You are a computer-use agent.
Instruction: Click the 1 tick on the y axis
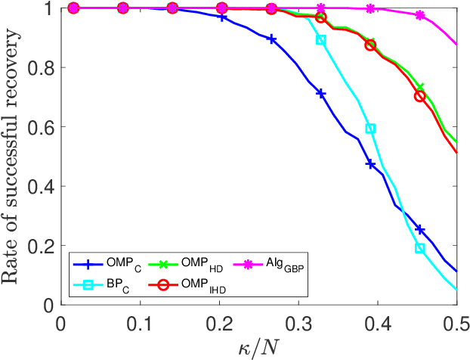(x=51, y=8)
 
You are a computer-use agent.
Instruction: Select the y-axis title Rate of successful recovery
(x=13, y=155)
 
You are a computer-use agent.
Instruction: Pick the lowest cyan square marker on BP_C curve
(x=420, y=248)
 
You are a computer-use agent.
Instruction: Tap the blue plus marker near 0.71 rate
(x=321, y=94)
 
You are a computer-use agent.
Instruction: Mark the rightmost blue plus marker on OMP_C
(x=420, y=229)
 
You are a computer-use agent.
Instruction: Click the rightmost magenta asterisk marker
(x=420, y=15)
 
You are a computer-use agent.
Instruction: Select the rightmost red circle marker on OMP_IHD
(x=420, y=96)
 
